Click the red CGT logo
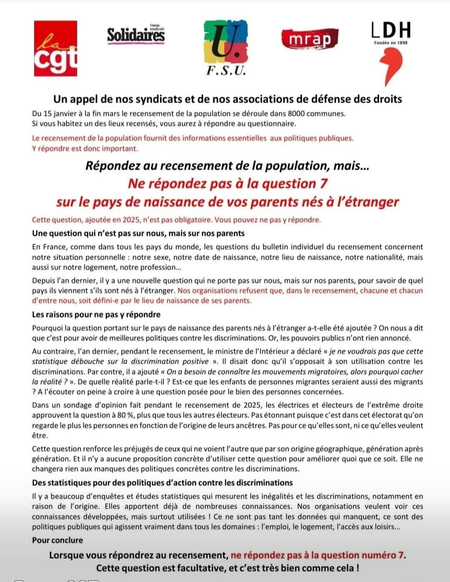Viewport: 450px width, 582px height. click(55, 48)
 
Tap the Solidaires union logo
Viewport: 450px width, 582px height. click(136, 35)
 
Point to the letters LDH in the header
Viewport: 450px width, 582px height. click(390, 30)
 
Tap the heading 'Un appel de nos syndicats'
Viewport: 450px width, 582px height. click(227, 99)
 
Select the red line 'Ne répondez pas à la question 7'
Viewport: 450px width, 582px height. click(227, 184)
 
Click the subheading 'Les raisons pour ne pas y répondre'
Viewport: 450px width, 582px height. click(96, 314)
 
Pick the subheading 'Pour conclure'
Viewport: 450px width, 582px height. click(57, 540)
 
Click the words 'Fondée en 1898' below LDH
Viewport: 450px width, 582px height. click(390, 42)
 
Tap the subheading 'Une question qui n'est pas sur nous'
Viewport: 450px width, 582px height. click(138, 233)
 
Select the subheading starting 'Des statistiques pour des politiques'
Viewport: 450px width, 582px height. click(162, 483)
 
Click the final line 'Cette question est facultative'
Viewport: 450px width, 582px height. click(227, 568)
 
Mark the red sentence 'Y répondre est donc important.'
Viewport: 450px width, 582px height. click(85, 148)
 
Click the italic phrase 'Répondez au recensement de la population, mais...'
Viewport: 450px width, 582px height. click(227, 166)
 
